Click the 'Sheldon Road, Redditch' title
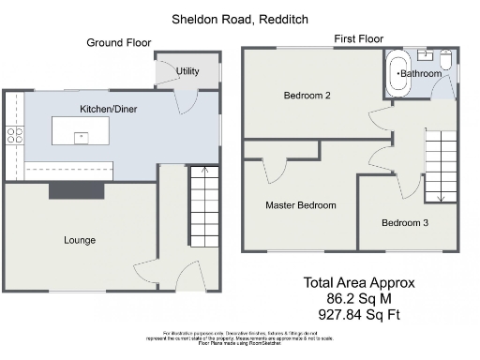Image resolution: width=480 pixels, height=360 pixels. point(239,19)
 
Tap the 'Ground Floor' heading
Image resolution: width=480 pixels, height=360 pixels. point(118,42)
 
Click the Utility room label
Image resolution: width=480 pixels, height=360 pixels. point(187,71)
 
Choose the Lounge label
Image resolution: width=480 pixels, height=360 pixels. point(80,240)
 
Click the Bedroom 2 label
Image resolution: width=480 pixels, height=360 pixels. point(307,96)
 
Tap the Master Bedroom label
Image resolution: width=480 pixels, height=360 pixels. point(300,204)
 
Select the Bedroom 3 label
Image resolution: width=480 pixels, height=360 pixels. point(405,222)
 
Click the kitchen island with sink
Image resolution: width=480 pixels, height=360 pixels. point(80,134)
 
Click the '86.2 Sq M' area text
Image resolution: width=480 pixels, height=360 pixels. point(358,298)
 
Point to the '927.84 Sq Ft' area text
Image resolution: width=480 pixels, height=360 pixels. point(358,314)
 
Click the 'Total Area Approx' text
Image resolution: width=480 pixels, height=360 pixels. point(358,282)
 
